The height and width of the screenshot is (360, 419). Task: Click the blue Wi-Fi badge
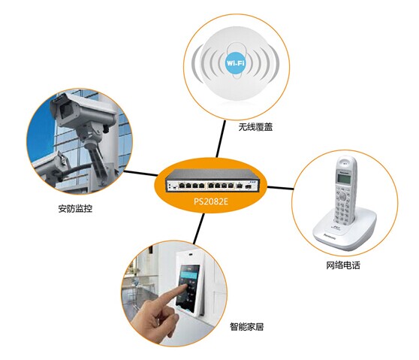coord(236,63)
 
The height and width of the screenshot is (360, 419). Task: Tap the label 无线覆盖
coord(255,126)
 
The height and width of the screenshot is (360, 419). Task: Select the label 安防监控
coord(75,208)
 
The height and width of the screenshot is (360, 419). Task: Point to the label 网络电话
coord(343,265)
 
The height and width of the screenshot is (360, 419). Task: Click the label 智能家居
coord(246,326)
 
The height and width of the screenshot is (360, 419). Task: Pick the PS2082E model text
coord(211,201)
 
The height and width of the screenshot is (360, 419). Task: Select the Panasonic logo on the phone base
coord(330,236)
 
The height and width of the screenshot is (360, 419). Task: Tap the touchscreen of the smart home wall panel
coord(188,286)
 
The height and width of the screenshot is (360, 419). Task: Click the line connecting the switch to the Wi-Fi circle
coord(221,139)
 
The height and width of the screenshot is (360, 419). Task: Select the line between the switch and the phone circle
coord(281,188)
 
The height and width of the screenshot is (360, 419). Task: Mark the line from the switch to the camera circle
coord(141,173)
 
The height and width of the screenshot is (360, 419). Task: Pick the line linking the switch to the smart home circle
coord(199,229)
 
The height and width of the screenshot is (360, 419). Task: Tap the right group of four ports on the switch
coord(221,185)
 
